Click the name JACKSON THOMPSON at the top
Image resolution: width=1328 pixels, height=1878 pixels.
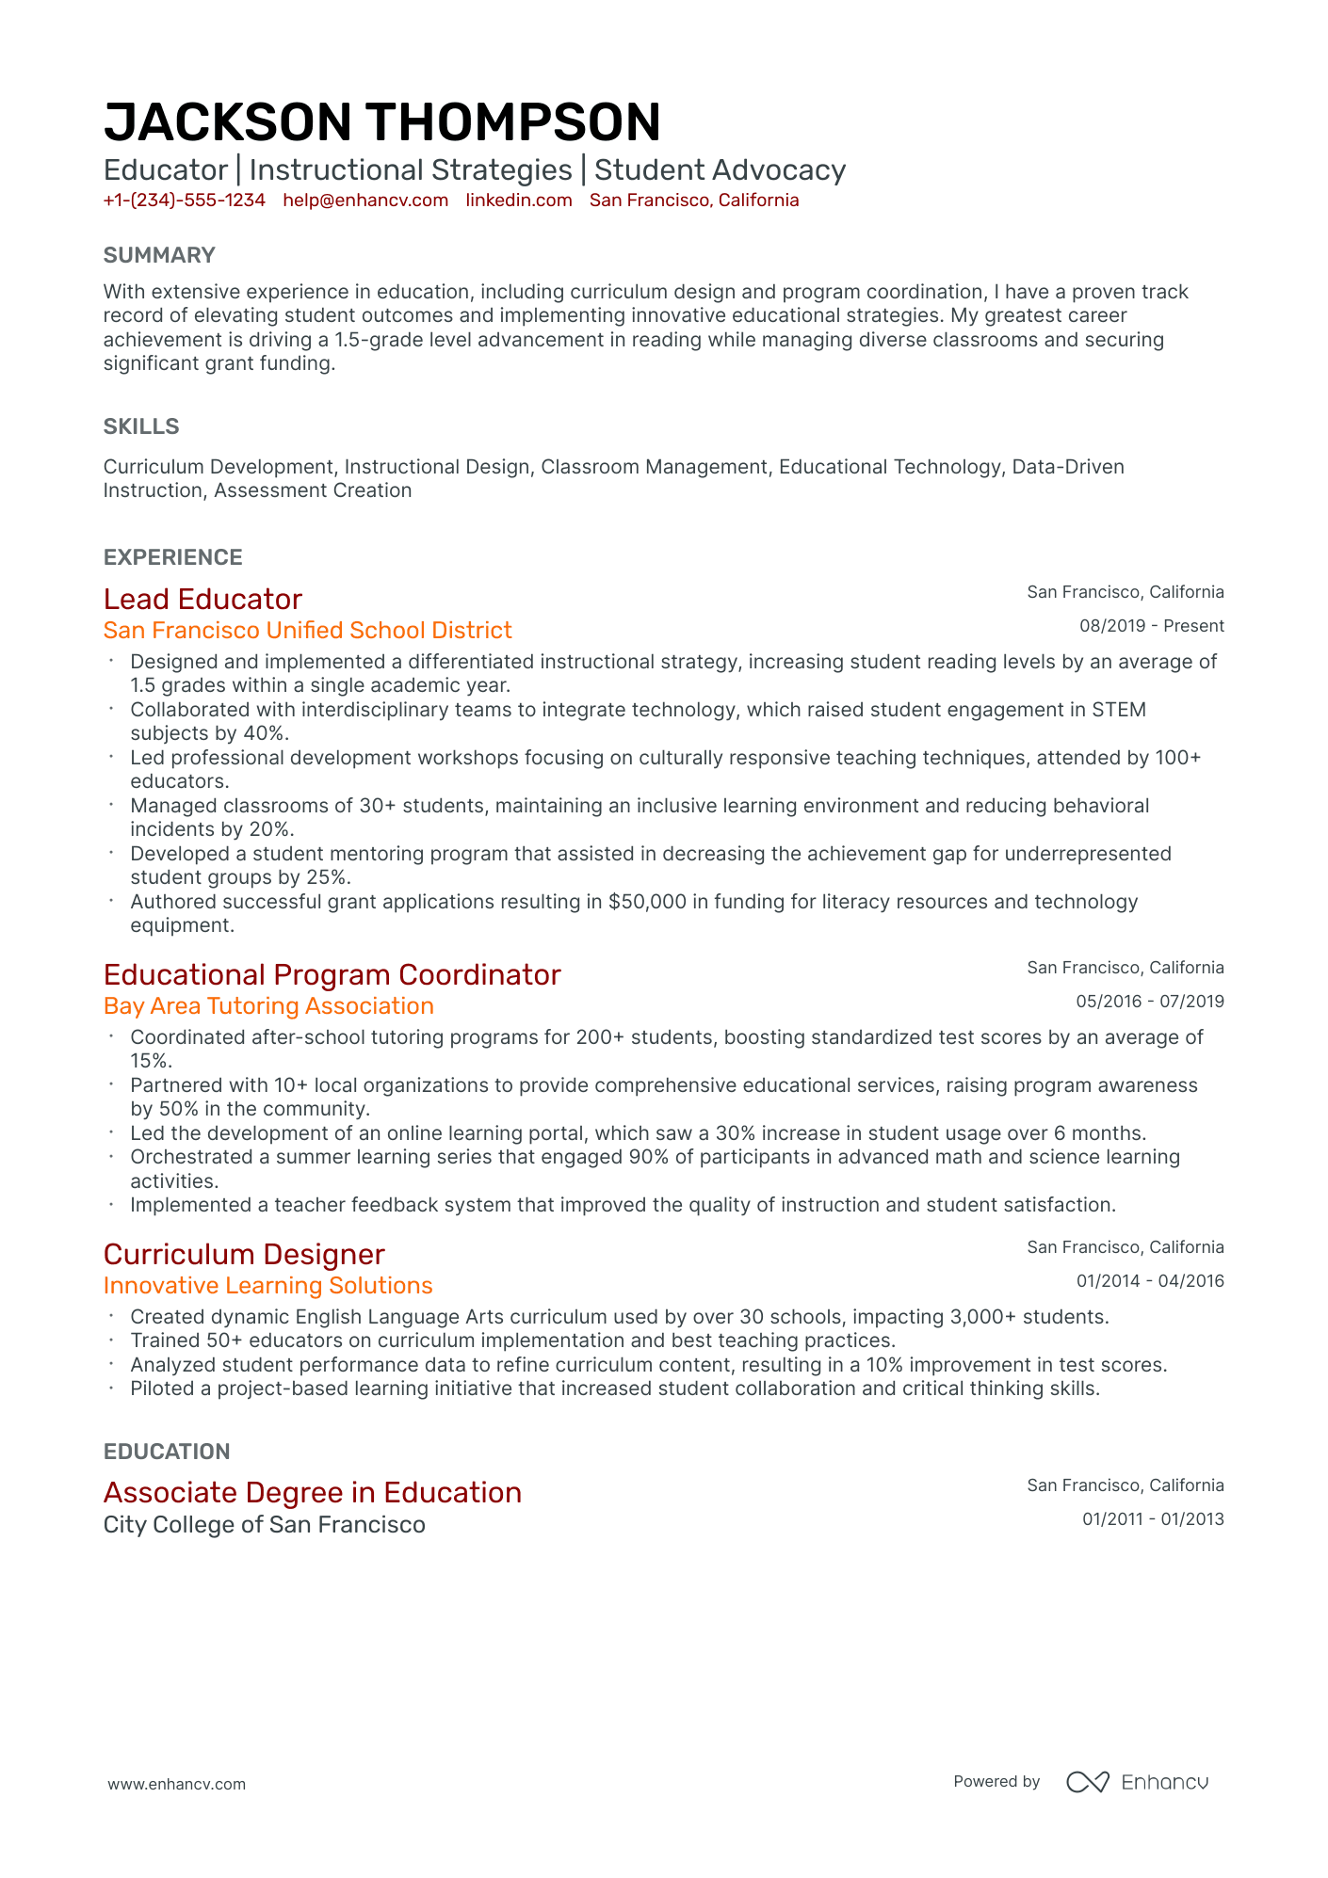click(381, 122)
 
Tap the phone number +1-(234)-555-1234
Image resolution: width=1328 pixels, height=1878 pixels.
click(184, 201)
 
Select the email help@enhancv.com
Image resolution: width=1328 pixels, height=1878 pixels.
click(365, 201)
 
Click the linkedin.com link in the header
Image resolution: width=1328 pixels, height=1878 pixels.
click(519, 201)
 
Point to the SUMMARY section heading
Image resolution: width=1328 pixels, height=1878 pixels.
click(159, 255)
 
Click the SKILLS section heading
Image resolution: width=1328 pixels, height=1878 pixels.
click(141, 426)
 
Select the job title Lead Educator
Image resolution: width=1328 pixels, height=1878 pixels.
click(202, 599)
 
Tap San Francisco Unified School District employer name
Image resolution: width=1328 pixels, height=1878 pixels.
click(307, 630)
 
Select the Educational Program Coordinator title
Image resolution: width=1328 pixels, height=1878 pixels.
click(332, 974)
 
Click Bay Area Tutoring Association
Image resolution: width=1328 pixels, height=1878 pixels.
click(268, 1005)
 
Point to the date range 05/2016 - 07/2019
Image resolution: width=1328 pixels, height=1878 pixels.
click(1149, 1002)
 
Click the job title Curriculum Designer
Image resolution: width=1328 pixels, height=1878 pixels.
click(244, 1254)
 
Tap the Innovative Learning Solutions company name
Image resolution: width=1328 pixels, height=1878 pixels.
click(267, 1285)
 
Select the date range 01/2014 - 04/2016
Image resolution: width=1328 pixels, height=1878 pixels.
click(1149, 1281)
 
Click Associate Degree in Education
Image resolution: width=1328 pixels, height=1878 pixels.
click(312, 1492)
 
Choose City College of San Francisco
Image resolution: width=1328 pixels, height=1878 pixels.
click(264, 1524)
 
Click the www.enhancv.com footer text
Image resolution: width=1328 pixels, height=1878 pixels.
click(176, 1784)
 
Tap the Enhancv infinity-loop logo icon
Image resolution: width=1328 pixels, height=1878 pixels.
click(1087, 1782)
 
